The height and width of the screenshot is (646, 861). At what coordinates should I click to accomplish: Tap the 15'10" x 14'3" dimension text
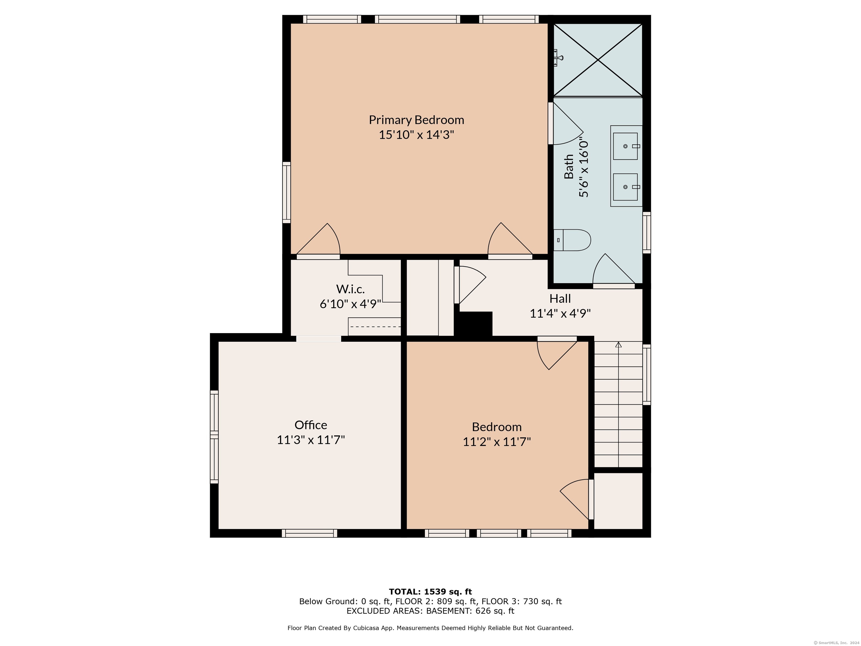[416, 135]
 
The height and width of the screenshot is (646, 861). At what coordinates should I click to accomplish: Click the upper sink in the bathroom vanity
[626, 146]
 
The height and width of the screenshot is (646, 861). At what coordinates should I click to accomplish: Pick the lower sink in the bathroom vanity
[626, 187]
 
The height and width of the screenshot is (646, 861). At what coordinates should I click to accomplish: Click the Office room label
[311, 425]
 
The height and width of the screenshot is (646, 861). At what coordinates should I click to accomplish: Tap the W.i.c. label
[350, 289]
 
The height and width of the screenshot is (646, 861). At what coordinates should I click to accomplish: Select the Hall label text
[560, 299]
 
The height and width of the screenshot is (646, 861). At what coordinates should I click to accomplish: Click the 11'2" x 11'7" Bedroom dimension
[497, 442]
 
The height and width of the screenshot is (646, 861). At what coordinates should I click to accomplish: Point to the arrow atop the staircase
[619, 344]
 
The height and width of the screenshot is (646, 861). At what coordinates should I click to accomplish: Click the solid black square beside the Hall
[476, 323]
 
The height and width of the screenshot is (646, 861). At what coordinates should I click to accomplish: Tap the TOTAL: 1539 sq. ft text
[430, 592]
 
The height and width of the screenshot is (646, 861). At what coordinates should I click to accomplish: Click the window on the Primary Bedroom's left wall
[286, 192]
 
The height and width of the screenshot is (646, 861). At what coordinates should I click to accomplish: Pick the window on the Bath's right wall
[647, 232]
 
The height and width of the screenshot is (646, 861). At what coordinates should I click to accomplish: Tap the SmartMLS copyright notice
[837, 643]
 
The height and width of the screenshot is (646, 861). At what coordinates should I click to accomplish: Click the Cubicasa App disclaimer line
[430, 628]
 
